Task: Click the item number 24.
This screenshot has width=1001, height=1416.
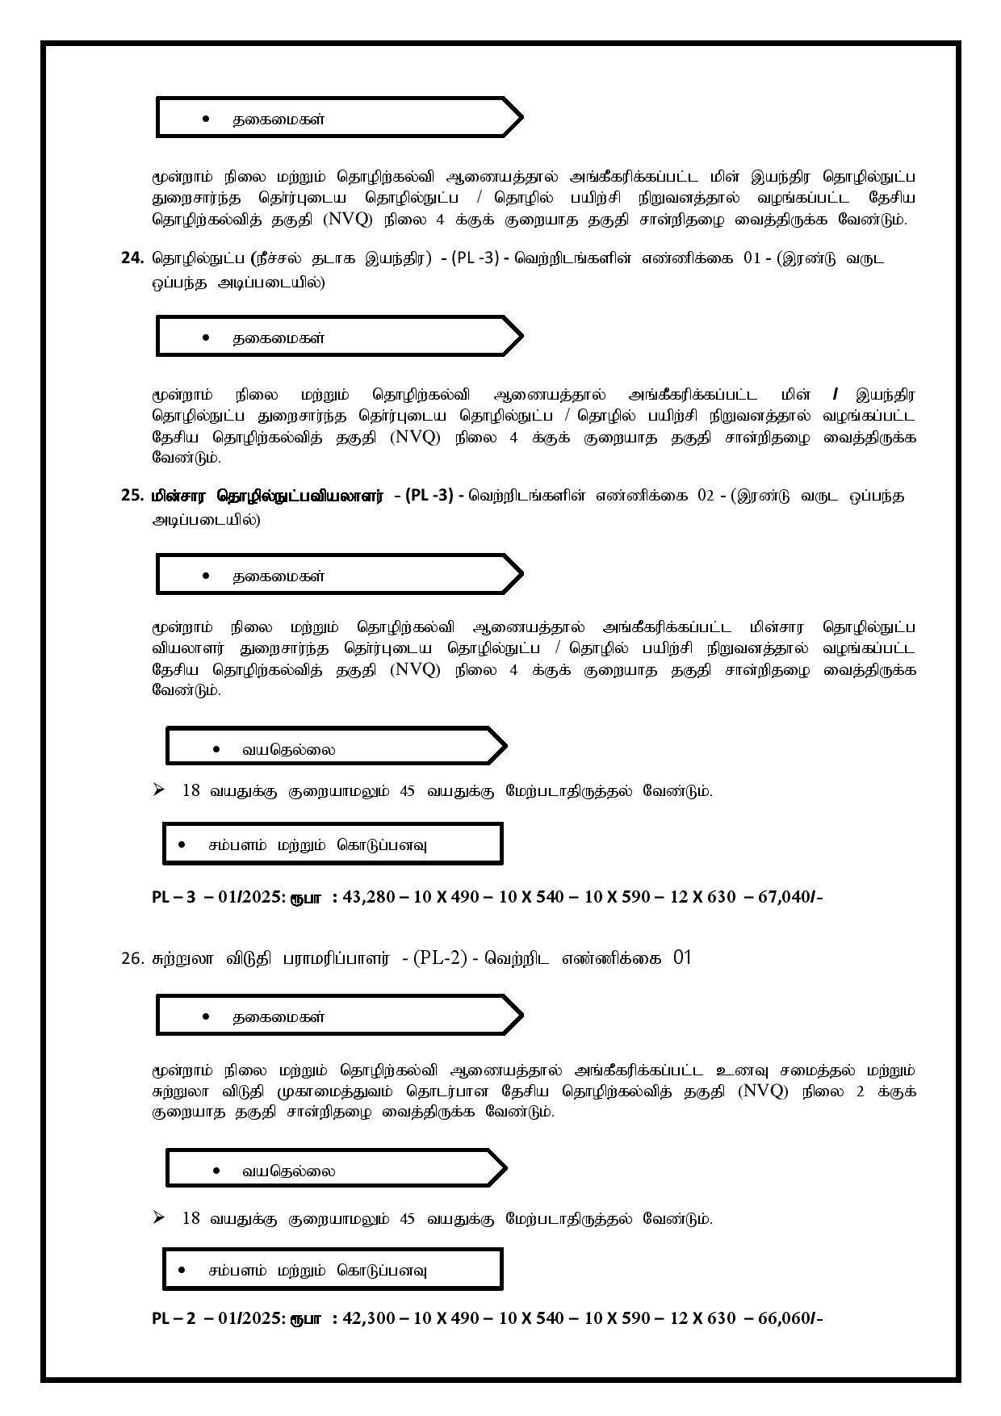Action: [132, 258]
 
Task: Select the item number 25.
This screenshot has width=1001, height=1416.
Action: [132, 496]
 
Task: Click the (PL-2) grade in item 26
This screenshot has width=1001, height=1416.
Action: [441, 958]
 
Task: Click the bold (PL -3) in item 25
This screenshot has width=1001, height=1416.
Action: [429, 496]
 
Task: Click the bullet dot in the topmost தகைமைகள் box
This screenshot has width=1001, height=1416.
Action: [207, 119]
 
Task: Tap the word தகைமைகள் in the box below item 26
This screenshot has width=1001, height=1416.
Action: [279, 1017]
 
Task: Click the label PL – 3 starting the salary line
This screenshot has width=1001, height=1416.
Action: [174, 897]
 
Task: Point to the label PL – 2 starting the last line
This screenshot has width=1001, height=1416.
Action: [174, 1318]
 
